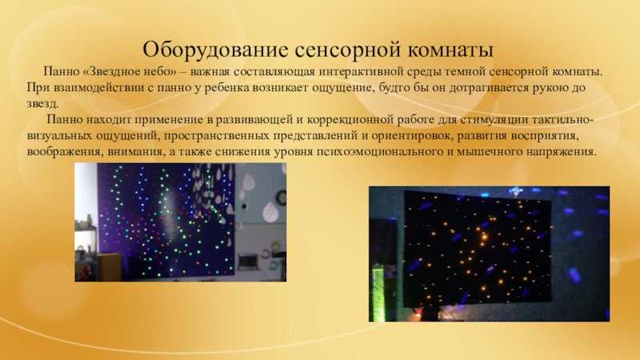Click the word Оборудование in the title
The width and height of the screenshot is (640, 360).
[214, 50]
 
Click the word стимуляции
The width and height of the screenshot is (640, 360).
[494, 120]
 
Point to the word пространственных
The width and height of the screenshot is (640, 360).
[216, 136]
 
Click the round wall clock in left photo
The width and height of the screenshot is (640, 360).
[281, 198]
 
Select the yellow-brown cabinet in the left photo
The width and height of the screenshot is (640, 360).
[109, 266]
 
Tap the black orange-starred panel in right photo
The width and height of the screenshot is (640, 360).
[478, 248]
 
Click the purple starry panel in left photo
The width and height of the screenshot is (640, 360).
[166, 221]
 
